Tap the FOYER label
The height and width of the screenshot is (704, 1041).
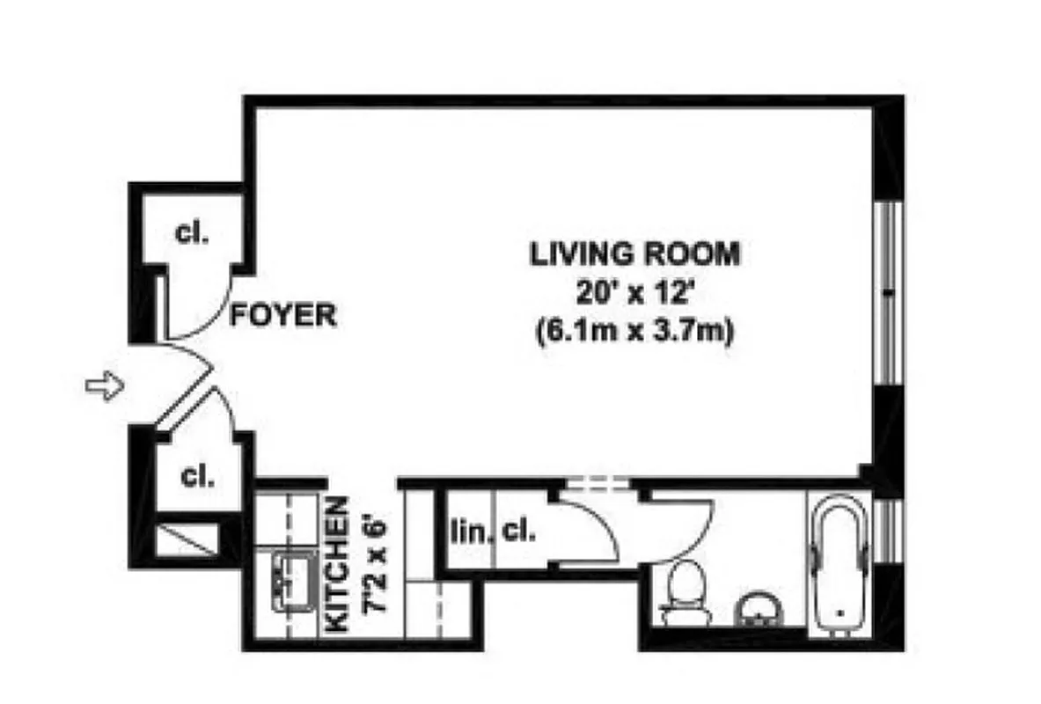[x=282, y=316]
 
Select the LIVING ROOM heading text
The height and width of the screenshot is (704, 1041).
[x=634, y=254]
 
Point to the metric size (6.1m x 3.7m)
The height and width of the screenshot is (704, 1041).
[x=634, y=334]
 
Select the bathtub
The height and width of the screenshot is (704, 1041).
[x=839, y=563]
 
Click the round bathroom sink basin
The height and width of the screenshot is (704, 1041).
[x=753, y=610]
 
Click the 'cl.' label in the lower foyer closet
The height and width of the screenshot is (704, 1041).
[x=197, y=476]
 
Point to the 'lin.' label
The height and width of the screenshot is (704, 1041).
[x=469, y=531]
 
